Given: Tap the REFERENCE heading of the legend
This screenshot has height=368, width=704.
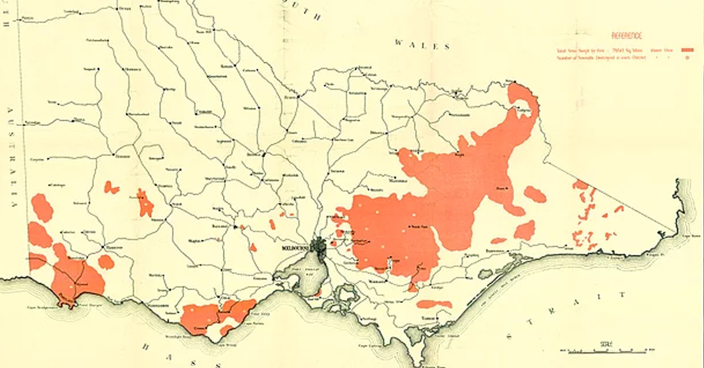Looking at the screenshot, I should click(x=627, y=36).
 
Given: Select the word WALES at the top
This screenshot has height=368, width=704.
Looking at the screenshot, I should click(x=422, y=45).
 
